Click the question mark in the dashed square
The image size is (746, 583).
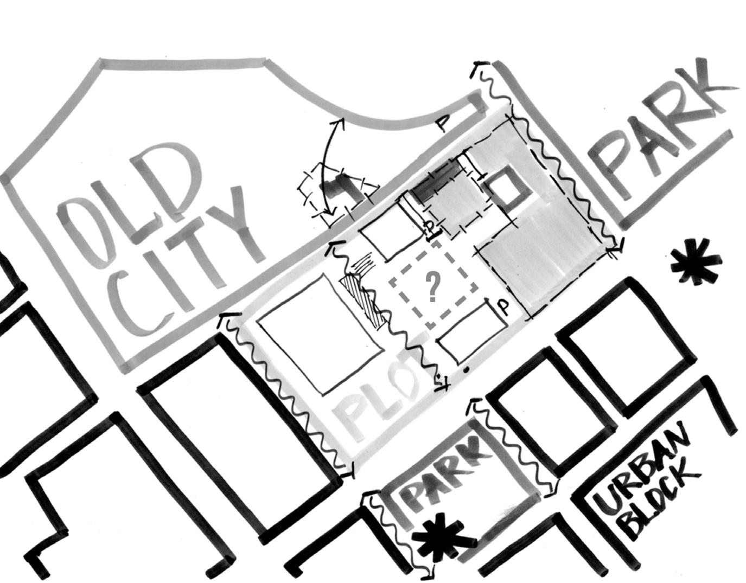[x=432, y=286]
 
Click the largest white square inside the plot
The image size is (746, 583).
[x=320, y=334]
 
